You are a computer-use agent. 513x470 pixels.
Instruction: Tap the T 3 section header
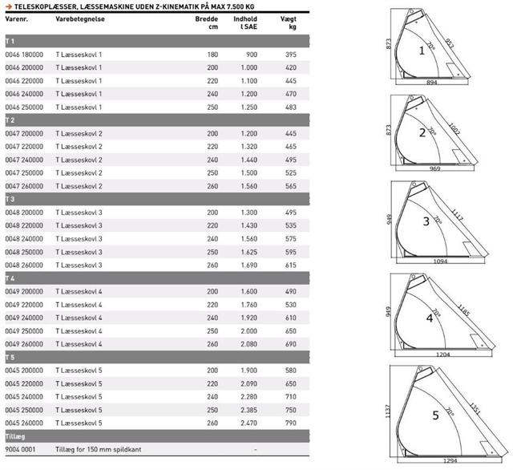[x=10, y=199]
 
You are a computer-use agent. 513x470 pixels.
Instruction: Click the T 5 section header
[x=10, y=357]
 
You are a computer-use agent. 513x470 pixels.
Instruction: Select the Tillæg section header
[x=15, y=436]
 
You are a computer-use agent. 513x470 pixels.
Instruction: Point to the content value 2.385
[x=248, y=410]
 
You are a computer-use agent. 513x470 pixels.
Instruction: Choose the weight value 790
[x=291, y=423]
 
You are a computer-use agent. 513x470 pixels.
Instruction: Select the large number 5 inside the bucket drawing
[x=436, y=415]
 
